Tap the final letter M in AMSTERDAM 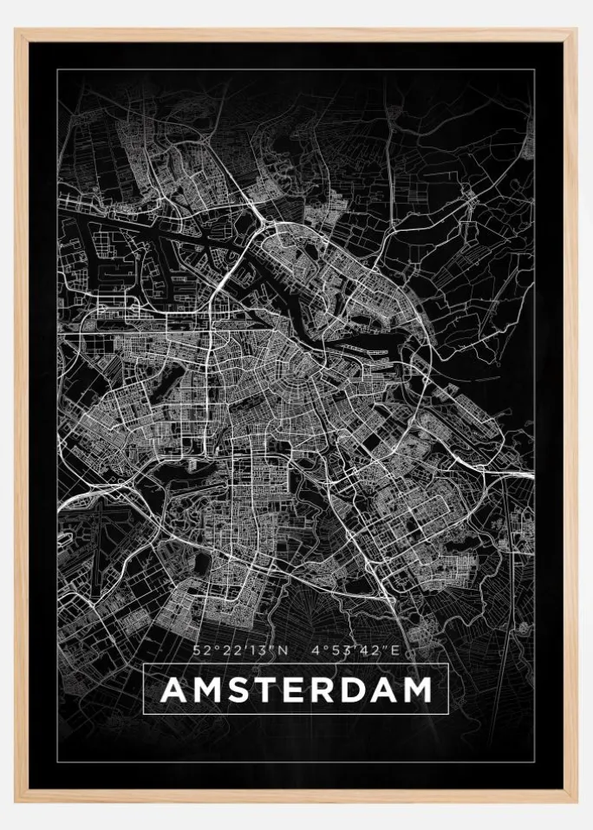coord(417,689)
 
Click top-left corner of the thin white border coord(58,70)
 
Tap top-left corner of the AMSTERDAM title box coord(143,663)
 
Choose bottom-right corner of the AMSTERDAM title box coord(448,714)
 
